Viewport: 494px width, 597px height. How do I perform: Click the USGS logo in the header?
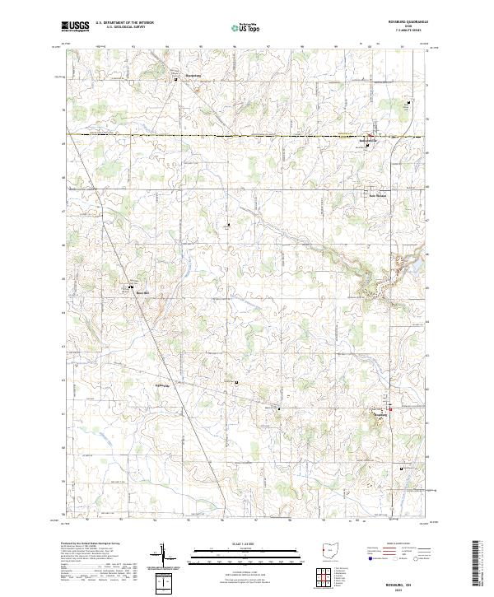(75, 27)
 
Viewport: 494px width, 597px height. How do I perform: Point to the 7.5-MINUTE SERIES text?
(410, 31)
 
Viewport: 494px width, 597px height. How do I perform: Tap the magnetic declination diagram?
(167, 560)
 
